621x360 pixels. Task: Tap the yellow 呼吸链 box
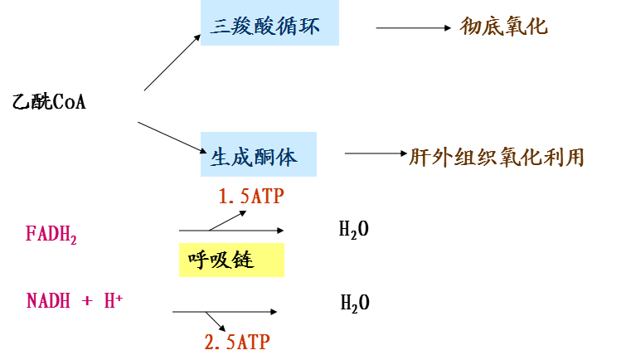coord(231,260)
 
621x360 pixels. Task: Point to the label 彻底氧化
coord(503,27)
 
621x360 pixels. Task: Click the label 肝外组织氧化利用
coord(497,157)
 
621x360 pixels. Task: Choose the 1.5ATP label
coord(251,197)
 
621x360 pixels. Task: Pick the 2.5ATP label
coord(237,342)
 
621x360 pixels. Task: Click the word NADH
coord(48,301)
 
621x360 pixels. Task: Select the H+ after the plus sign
coord(114,300)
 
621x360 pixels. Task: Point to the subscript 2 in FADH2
coord(74,241)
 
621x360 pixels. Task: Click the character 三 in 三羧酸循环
coord(220,27)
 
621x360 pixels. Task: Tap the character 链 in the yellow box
coord(243,260)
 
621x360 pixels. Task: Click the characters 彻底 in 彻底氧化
coord(482,27)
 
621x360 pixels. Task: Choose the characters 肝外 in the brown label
coord(430,157)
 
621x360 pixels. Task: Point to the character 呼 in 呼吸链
coord(198,260)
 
